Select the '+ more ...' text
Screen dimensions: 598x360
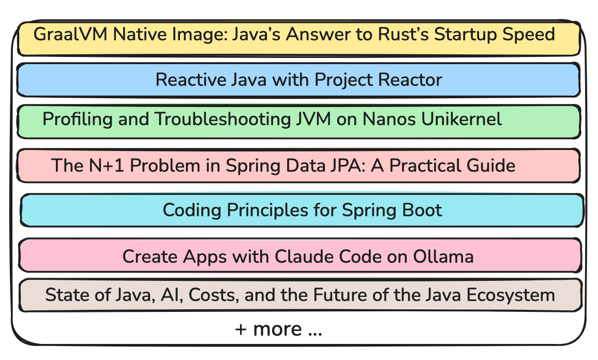click(279, 329)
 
